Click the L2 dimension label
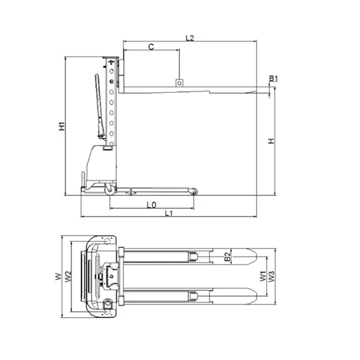[x=190, y=38]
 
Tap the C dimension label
[x=151, y=47]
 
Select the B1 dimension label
[x=273, y=79]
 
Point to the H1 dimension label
[x=62, y=127]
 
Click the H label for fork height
[x=271, y=141]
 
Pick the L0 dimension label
[x=151, y=205]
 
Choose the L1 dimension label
[x=169, y=213]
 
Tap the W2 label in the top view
[x=68, y=277]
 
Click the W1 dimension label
[x=263, y=276]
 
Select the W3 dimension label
[x=271, y=277]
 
